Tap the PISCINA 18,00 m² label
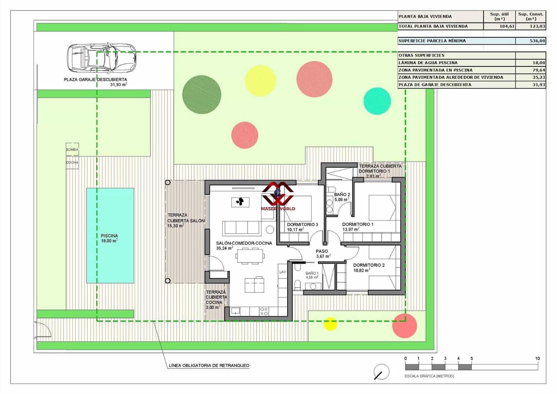(109, 238)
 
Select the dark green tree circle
(202, 94)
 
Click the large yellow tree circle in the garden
(260, 81)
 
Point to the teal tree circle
(377, 101)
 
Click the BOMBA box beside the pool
(72, 149)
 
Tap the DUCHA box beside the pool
(72, 162)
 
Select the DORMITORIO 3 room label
(302, 225)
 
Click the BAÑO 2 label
(342, 195)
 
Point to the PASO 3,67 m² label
(322, 253)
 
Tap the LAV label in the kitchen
(282, 272)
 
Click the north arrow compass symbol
(381, 372)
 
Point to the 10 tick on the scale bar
(537, 358)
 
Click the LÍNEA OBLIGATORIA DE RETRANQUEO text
(209, 365)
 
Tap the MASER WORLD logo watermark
(278, 197)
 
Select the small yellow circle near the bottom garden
(330, 324)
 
